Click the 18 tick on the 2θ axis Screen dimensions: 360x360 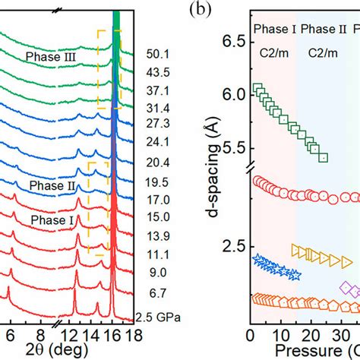click(x=131, y=335)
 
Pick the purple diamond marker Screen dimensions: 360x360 click(x=347, y=288)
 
